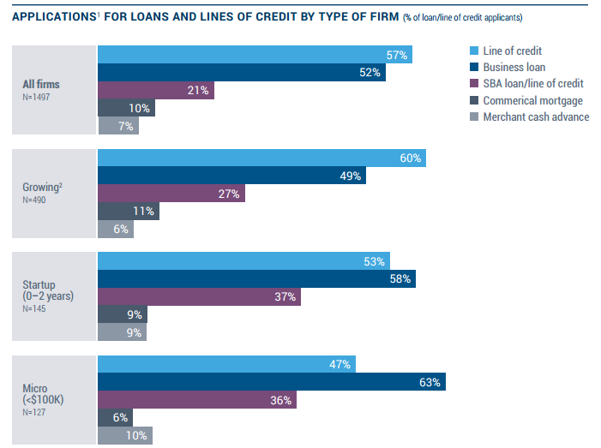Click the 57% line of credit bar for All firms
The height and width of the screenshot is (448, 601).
255,55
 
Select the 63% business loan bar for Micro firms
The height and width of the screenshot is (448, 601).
271,382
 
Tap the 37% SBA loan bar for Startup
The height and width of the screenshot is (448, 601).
199,296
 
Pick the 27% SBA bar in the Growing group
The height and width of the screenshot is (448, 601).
171,194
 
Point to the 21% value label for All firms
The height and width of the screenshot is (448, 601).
199,91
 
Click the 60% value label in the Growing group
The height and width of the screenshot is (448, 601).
410,158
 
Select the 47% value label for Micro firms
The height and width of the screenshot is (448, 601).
340,365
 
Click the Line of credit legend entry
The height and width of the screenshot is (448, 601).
512,51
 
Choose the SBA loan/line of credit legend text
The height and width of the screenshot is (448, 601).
532,84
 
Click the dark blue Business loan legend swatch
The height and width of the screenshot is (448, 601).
474,68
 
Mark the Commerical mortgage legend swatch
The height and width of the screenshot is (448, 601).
474,100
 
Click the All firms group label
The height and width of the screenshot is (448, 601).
41,84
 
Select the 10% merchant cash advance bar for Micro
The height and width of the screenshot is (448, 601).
125,434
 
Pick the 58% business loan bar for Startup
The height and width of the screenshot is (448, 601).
256,279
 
